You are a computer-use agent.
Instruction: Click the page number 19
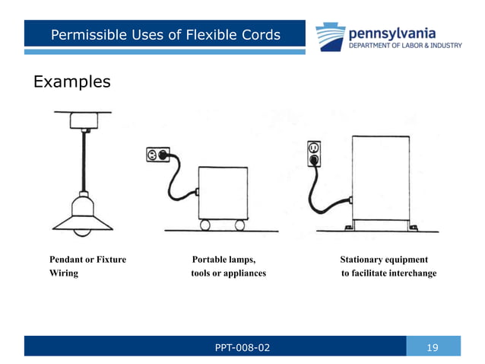pyautogui.click(x=433, y=348)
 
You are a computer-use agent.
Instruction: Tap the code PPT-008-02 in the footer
pyautogui.click(x=243, y=348)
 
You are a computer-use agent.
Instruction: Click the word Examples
pyautogui.click(x=71, y=81)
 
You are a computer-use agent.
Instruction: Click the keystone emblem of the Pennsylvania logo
pyautogui.click(x=331, y=35)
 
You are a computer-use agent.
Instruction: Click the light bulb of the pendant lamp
pyautogui.click(x=82, y=233)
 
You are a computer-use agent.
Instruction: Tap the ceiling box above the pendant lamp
pyautogui.click(x=82, y=120)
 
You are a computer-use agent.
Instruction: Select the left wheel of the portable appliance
pyautogui.click(x=206, y=225)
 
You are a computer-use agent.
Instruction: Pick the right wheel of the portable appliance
pyautogui.click(x=240, y=225)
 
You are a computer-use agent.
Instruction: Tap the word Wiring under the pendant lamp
pyautogui.click(x=63, y=273)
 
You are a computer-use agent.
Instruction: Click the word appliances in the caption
pyautogui.click(x=243, y=273)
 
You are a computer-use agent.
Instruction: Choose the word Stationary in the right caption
pyautogui.click(x=360, y=260)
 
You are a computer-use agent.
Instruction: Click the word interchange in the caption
pyautogui.click(x=410, y=273)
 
